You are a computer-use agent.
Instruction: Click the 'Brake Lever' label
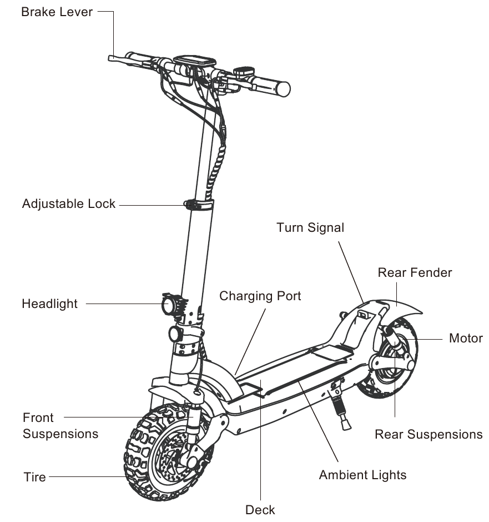coord(57,12)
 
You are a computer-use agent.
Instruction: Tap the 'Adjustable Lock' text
coord(69,203)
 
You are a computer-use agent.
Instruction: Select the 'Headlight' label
coord(50,304)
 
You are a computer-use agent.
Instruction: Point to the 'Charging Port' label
coord(260,296)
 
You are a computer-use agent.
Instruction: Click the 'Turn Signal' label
coord(310,227)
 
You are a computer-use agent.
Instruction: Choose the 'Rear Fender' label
coord(415,272)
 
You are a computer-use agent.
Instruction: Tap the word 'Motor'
coord(466,338)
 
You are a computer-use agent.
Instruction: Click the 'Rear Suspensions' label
coord(428,434)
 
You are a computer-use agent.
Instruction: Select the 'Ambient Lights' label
coord(362,475)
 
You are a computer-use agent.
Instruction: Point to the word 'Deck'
coord(260,509)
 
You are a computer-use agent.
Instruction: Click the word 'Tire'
coord(34,477)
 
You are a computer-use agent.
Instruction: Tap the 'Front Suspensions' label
coord(60,425)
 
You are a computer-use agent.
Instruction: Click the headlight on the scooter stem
coord(168,305)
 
